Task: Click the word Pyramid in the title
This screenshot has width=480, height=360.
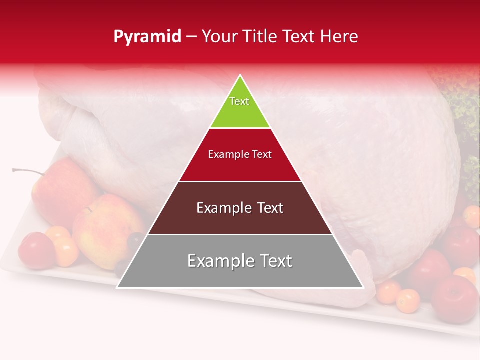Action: tap(147, 37)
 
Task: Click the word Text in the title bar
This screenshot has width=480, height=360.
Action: tap(300, 36)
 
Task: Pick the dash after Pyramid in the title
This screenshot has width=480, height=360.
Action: tap(191, 37)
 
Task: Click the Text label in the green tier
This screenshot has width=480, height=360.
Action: tap(239, 101)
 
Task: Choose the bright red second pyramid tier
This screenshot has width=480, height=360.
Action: tap(240, 167)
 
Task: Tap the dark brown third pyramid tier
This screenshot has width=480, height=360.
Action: tap(240, 220)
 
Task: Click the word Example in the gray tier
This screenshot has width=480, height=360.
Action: tap(218, 261)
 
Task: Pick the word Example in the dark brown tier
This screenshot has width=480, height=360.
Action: tap(220, 208)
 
